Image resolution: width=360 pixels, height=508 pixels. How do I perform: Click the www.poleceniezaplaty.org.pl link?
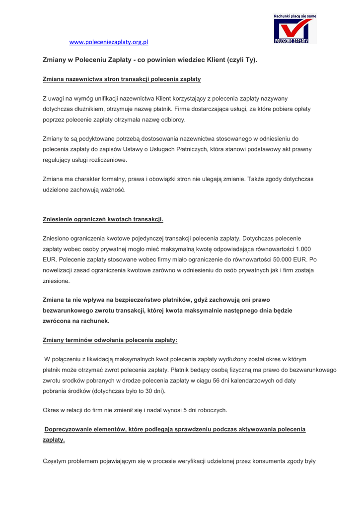(109, 42)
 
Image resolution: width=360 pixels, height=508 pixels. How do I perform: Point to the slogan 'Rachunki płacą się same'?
(294, 16)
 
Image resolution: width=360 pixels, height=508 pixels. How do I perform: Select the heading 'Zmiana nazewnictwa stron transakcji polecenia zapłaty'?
(122, 79)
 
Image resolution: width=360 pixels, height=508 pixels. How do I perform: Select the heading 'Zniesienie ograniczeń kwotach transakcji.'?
(103, 219)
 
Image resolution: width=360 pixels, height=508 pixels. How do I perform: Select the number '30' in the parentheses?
(143, 391)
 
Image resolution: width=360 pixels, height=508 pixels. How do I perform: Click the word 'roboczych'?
(211, 410)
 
